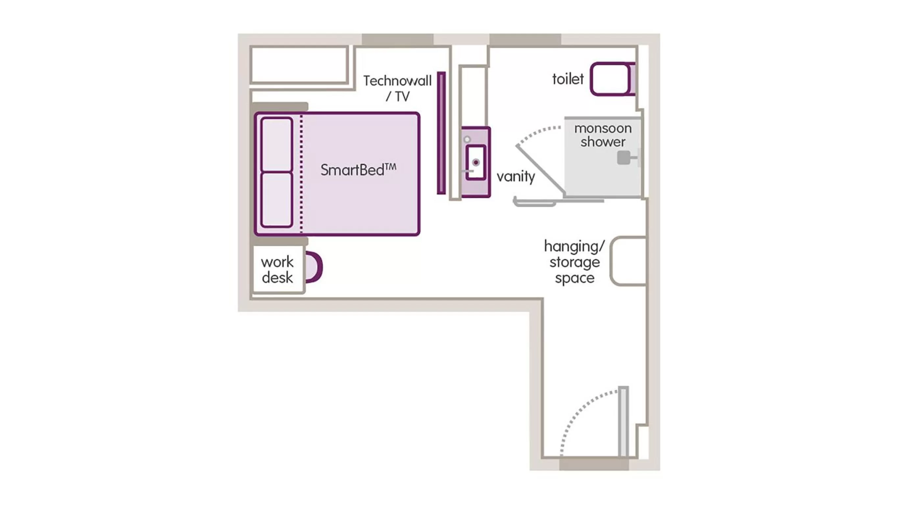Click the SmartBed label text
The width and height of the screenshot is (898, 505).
(x=358, y=170)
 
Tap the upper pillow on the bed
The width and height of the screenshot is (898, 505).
(x=276, y=145)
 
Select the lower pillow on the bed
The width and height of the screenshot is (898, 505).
(x=276, y=200)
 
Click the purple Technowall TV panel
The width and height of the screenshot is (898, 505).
(x=441, y=133)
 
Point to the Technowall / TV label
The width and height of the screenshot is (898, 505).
(x=397, y=88)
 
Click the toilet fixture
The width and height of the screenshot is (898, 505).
(x=611, y=79)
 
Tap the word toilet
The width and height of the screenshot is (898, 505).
(x=568, y=79)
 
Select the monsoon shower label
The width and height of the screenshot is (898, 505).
(x=603, y=135)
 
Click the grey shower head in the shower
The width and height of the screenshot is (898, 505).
(x=624, y=157)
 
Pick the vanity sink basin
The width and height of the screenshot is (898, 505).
(x=476, y=162)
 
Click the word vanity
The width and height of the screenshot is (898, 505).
(x=515, y=176)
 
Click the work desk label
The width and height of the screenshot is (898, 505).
(x=278, y=270)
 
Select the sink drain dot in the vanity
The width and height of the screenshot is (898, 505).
(x=476, y=162)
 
